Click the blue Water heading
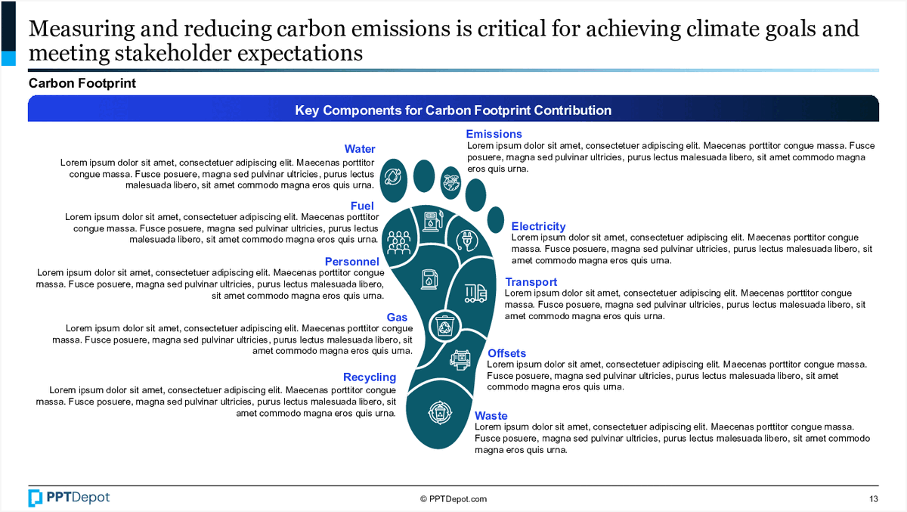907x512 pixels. click(360, 149)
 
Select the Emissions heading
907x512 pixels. click(494, 134)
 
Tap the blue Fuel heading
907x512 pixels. click(362, 206)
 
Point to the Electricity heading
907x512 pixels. click(538, 226)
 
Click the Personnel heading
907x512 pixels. click(352, 262)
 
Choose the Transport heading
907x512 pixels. click(531, 282)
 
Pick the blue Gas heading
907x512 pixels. click(397, 317)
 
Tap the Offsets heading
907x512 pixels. click(506, 353)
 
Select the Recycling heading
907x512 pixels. click(370, 377)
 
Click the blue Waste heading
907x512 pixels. click(491, 416)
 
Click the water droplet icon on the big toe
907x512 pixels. click(393, 177)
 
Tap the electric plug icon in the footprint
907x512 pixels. click(467, 240)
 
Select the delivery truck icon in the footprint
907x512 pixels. click(475, 293)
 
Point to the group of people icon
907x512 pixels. click(399, 243)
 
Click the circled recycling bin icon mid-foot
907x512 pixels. click(444, 326)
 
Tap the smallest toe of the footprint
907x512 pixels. click(496, 219)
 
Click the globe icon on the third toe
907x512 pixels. click(451, 182)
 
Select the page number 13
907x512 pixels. click(874, 499)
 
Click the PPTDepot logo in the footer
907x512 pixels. click(69, 498)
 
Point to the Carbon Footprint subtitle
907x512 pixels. click(82, 83)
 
